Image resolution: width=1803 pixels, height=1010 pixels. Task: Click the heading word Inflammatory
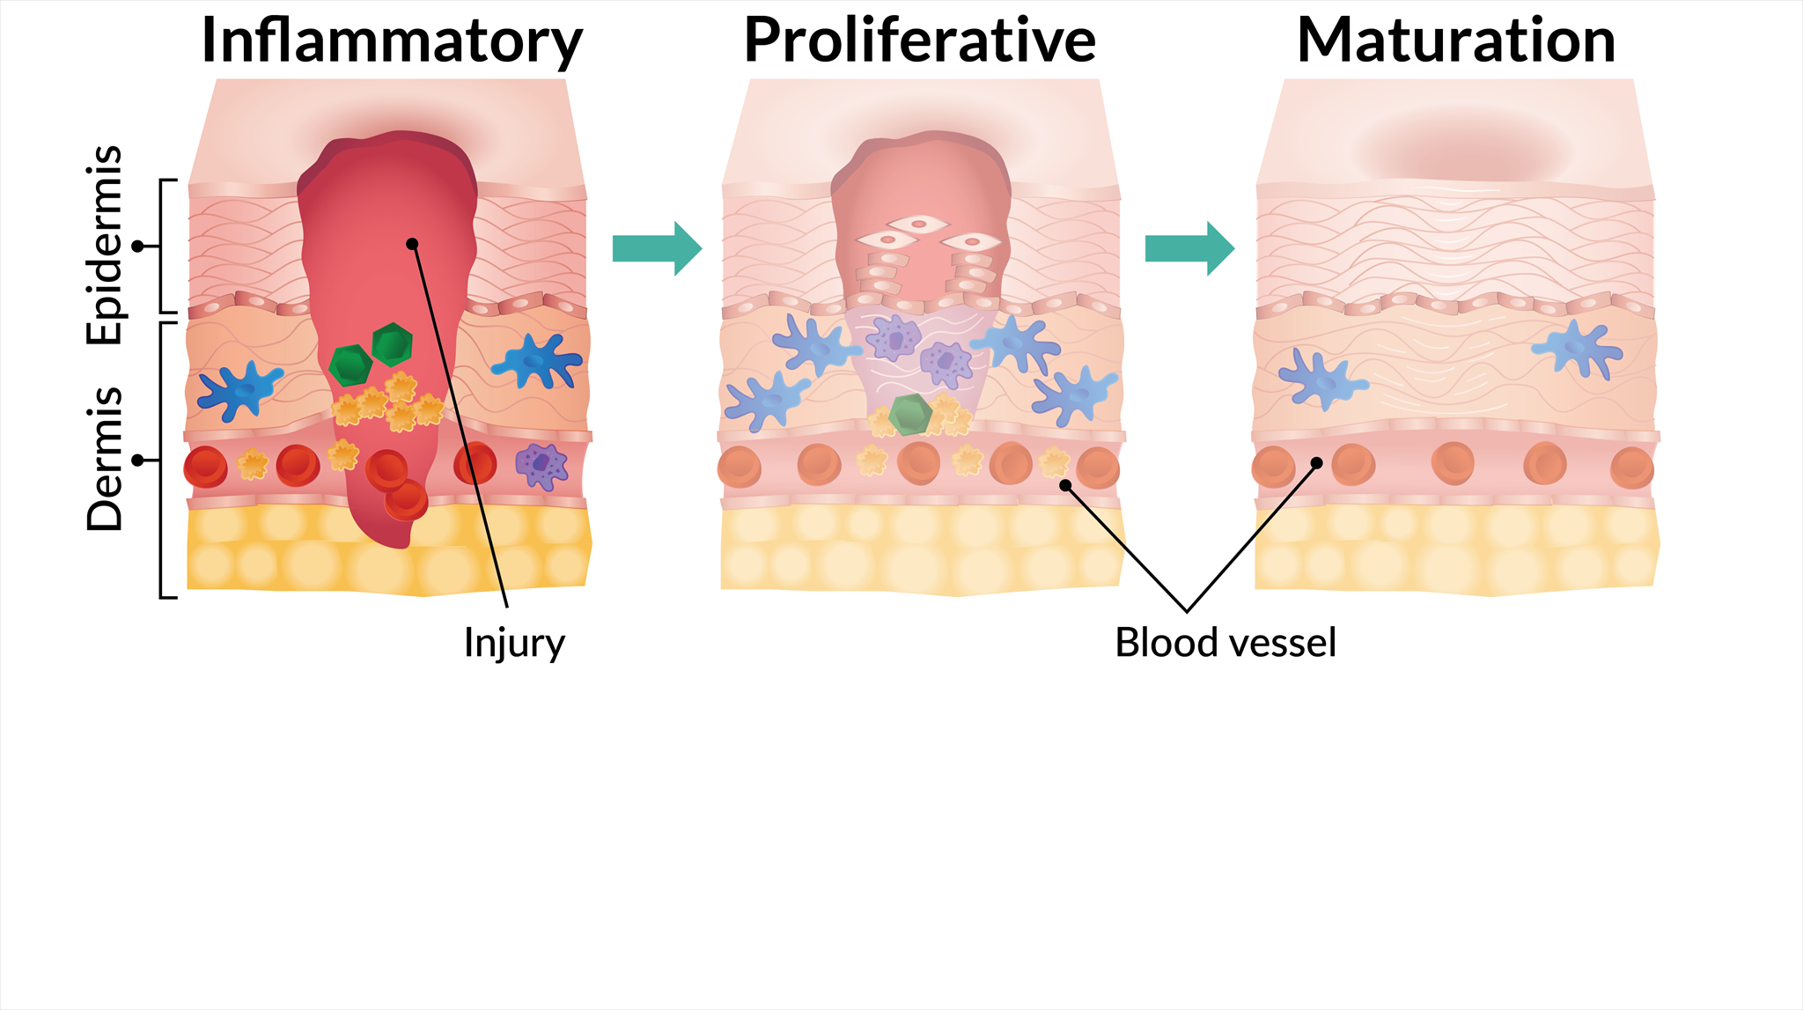392,41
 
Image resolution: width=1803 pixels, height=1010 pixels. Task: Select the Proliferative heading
919,41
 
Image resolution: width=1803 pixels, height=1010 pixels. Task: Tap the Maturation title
1456,41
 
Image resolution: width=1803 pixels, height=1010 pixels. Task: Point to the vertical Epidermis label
105,245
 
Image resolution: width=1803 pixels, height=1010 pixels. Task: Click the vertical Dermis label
105,459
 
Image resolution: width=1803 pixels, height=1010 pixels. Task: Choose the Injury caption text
514,644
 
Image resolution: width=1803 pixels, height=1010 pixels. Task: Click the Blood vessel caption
1225,643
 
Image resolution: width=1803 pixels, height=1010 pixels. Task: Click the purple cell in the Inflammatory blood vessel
541,466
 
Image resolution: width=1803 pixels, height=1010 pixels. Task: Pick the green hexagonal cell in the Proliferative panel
909,414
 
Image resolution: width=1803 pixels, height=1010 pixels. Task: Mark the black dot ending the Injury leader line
412,244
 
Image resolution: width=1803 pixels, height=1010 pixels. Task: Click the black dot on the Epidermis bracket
137,247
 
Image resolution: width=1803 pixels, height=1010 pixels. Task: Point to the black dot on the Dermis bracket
137,460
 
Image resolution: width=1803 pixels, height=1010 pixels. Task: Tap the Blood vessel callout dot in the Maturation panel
1317,463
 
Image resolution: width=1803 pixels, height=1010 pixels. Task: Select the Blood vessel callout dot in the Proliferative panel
1065,485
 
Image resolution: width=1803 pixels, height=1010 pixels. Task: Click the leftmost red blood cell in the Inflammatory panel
205,467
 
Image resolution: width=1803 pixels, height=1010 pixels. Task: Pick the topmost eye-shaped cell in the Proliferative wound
918,224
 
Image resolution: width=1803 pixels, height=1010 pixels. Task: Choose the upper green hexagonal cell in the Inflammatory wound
392,343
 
